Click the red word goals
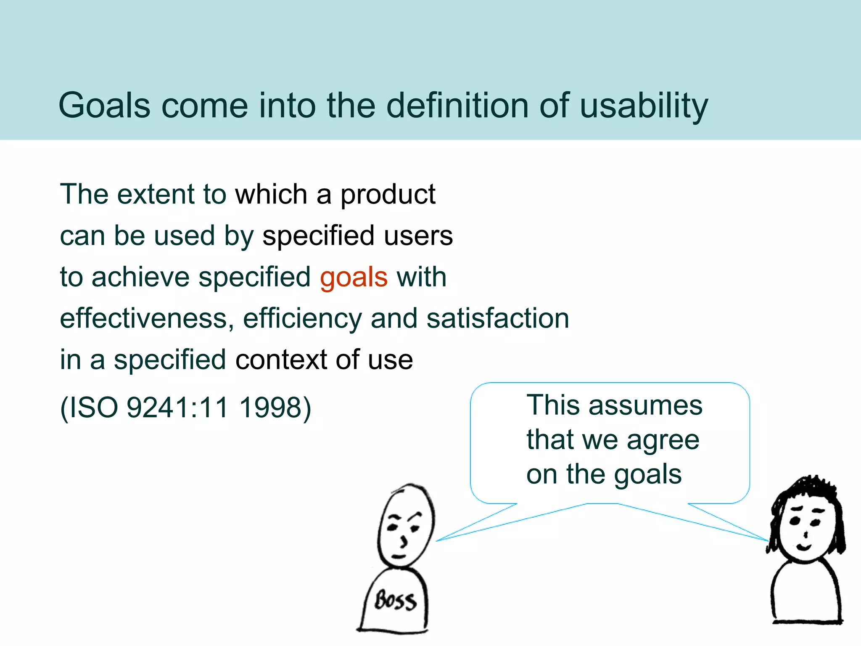pyautogui.click(x=354, y=278)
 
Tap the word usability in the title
pyautogui.click(x=644, y=106)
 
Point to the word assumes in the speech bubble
pyautogui.click(x=645, y=405)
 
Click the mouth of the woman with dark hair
pyautogui.click(x=804, y=547)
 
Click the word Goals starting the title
pyautogui.click(x=104, y=106)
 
